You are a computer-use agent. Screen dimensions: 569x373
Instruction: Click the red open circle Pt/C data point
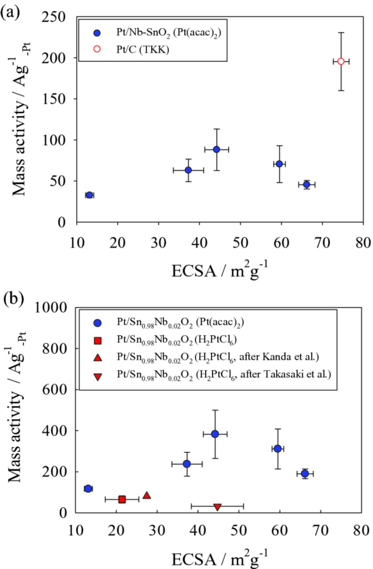click(341, 61)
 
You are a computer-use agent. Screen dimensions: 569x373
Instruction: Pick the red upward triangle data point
click(146, 495)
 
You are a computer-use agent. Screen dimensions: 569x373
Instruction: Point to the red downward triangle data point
click(217, 506)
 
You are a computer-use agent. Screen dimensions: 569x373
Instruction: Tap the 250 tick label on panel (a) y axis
click(57, 17)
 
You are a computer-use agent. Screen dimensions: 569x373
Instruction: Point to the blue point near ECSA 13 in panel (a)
click(89, 195)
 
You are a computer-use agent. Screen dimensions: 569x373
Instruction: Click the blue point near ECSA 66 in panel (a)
click(306, 184)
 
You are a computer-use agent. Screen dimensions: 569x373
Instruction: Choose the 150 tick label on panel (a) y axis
click(57, 99)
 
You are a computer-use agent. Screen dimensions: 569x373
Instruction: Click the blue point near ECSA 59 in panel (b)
click(278, 449)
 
